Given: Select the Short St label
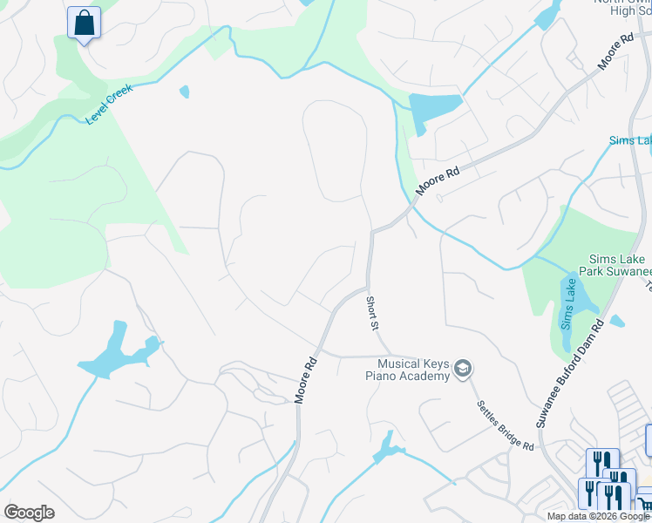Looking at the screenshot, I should click(372, 313).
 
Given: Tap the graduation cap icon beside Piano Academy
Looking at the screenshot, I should click(464, 370).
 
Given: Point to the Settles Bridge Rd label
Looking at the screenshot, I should click(505, 425).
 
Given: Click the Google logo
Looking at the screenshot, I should click(29, 513).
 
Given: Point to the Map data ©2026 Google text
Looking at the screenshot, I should click(598, 516).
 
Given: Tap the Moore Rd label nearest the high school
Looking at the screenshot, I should click(615, 53).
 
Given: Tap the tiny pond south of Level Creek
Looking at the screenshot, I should click(184, 92).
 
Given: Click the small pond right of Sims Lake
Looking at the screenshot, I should click(617, 322).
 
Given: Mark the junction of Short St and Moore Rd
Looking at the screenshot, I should click(368, 287).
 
